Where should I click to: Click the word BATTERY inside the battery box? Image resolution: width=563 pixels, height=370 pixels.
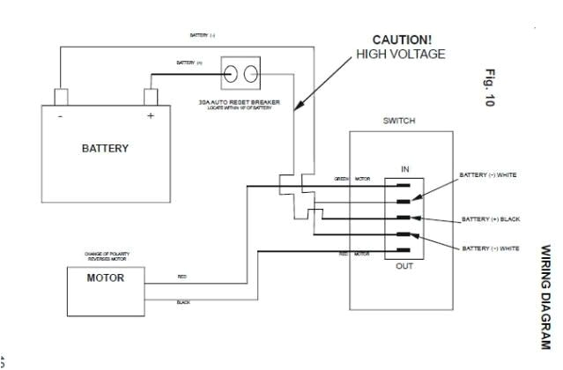(x=105, y=148)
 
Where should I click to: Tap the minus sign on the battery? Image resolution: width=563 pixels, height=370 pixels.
(x=59, y=116)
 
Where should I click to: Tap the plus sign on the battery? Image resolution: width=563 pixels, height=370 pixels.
(x=151, y=116)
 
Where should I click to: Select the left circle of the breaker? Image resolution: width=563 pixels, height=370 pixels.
(x=233, y=73)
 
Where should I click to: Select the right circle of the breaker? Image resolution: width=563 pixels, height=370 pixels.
(x=252, y=73)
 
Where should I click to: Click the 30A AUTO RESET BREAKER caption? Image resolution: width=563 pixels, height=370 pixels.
(x=240, y=102)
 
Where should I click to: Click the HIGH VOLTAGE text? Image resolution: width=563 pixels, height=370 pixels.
(x=400, y=55)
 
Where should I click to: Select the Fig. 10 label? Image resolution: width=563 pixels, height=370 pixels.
(x=490, y=88)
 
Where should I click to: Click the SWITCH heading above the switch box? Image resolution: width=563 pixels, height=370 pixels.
(x=399, y=121)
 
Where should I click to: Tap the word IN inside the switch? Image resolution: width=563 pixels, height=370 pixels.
(x=404, y=168)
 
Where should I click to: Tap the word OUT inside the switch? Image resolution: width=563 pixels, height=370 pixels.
(x=404, y=265)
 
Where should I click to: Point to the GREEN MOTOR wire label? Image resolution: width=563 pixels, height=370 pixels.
(x=352, y=179)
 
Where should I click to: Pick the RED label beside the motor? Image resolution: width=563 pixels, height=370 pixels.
(x=182, y=277)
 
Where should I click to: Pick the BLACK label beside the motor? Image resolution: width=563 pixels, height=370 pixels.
(x=183, y=302)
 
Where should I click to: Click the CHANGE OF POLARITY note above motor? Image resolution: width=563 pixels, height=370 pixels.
(x=105, y=257)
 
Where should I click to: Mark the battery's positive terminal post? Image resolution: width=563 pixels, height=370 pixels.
(x=151, y=95)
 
